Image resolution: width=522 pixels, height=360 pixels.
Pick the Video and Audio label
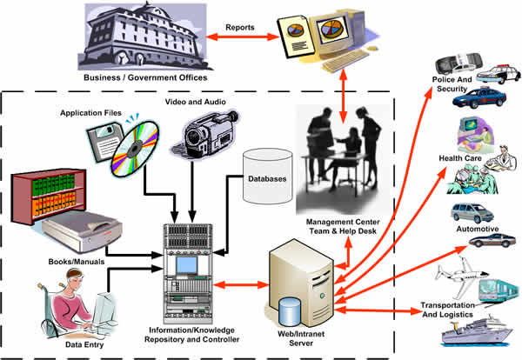point(195,101)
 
